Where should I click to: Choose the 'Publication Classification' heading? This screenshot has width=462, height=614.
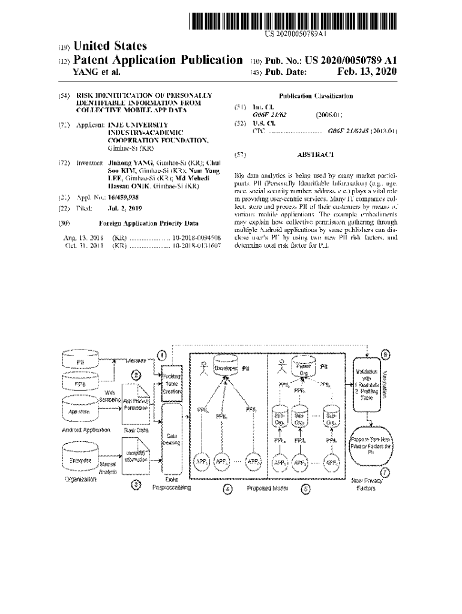point(316,96)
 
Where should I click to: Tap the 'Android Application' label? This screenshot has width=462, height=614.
point(86,430)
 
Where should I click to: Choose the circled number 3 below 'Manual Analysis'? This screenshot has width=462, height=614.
point(136,485)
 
